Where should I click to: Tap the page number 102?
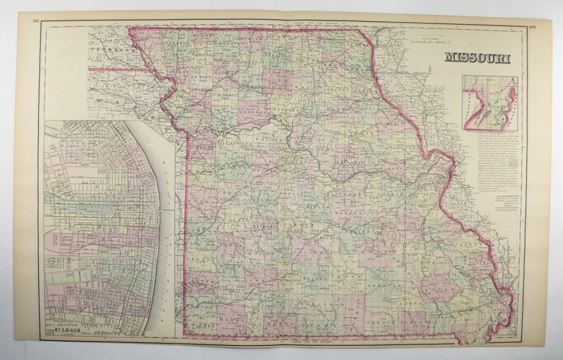[37, 20]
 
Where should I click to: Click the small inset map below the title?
[489, 103]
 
